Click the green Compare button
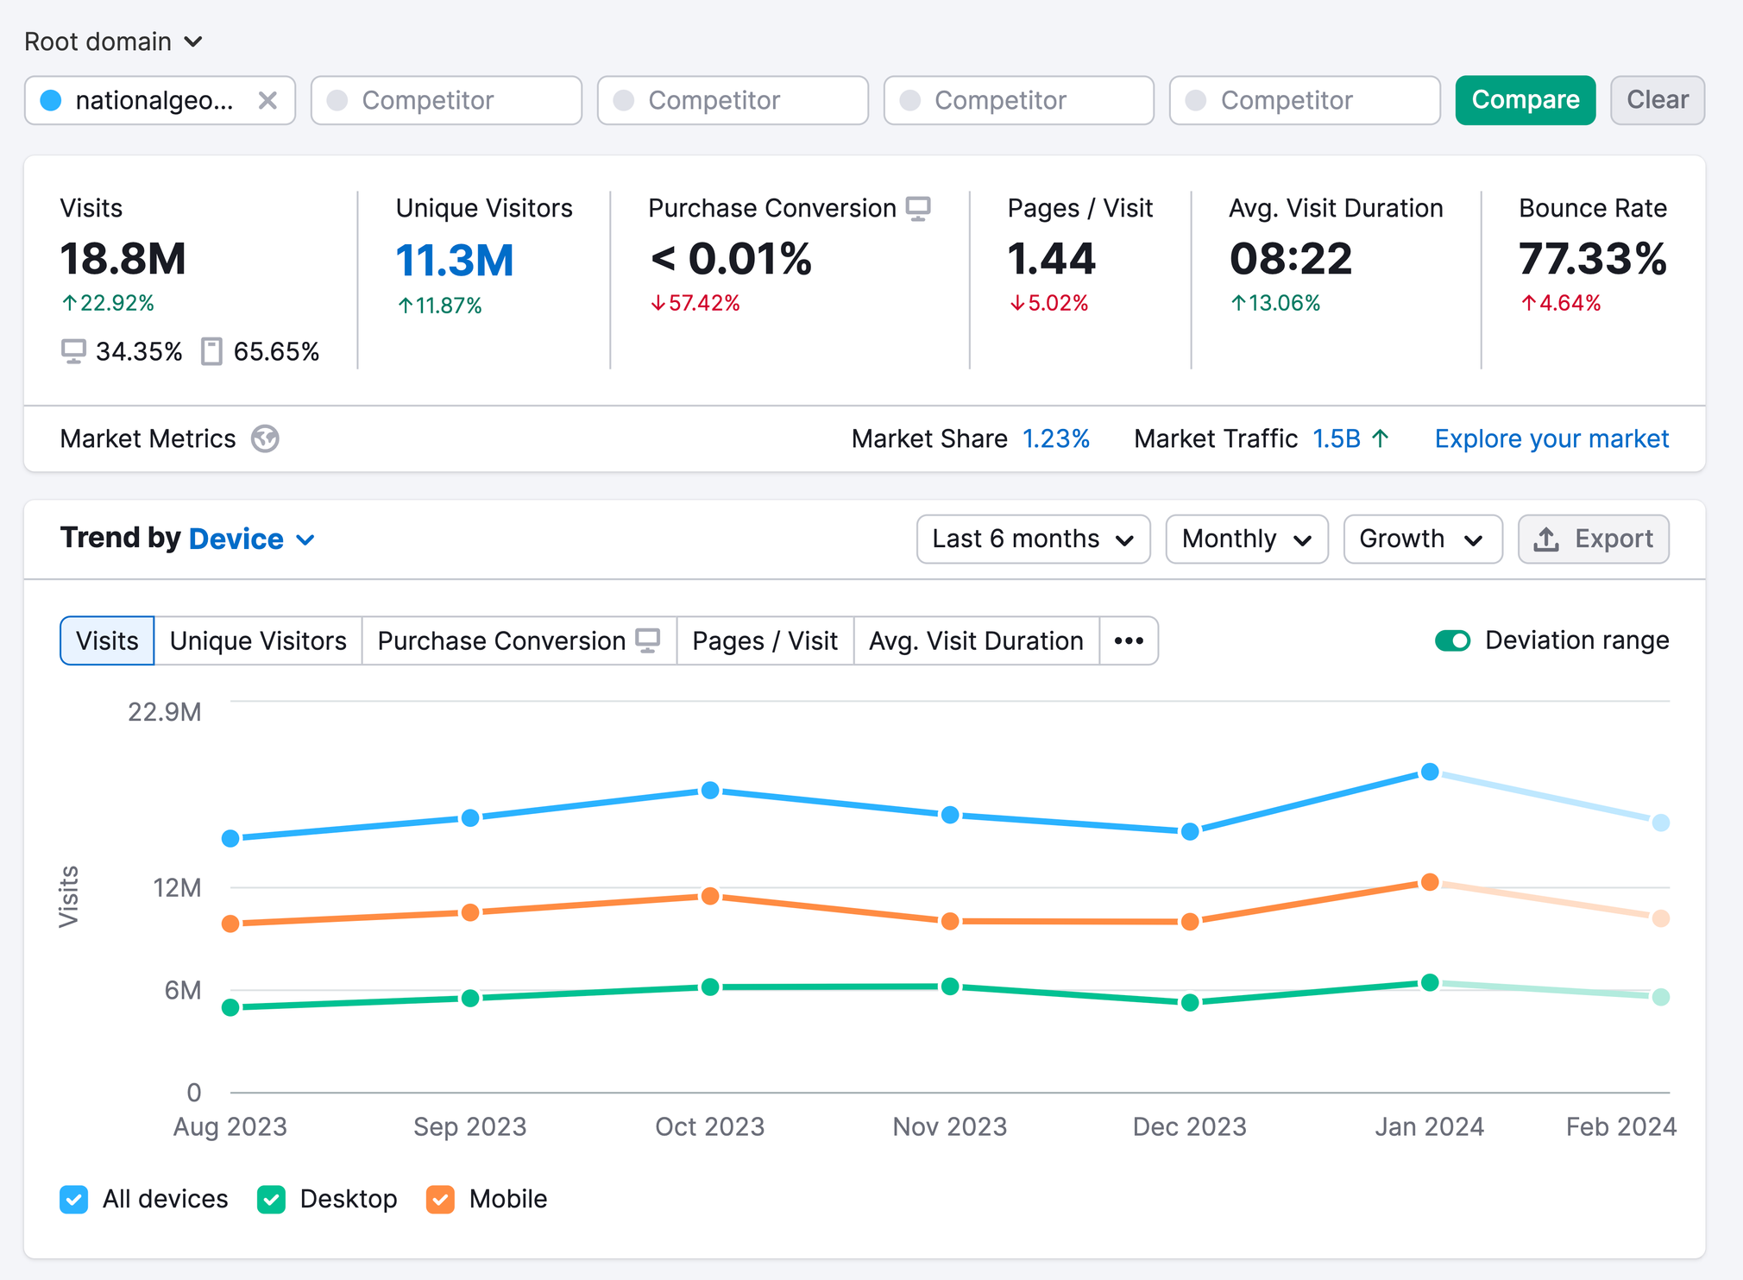tap(1525, 100)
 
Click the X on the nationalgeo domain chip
tap(267, 101)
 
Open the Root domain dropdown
tap(113, 41)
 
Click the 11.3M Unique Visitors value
tap(455, 261)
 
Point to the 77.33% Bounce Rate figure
tap(1592, 259)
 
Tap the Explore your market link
tap(1551, 438)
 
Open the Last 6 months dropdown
tap(1033, 539)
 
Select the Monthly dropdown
tap(1246, 539)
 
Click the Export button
tap(1593, 539)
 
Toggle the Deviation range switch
tap(1452, 640)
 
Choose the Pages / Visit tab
tap(765, 640)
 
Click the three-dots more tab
tap(1129, 640)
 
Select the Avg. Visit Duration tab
tap(976, 640)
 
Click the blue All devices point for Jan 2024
tap(1430, 772)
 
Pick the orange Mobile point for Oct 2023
tap(710, 896)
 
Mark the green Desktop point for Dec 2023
tap(1190, 1002)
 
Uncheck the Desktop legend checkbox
tap(271, 1199)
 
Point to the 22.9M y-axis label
tap(164, 712)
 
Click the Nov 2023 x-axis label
tap(949, 1126)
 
